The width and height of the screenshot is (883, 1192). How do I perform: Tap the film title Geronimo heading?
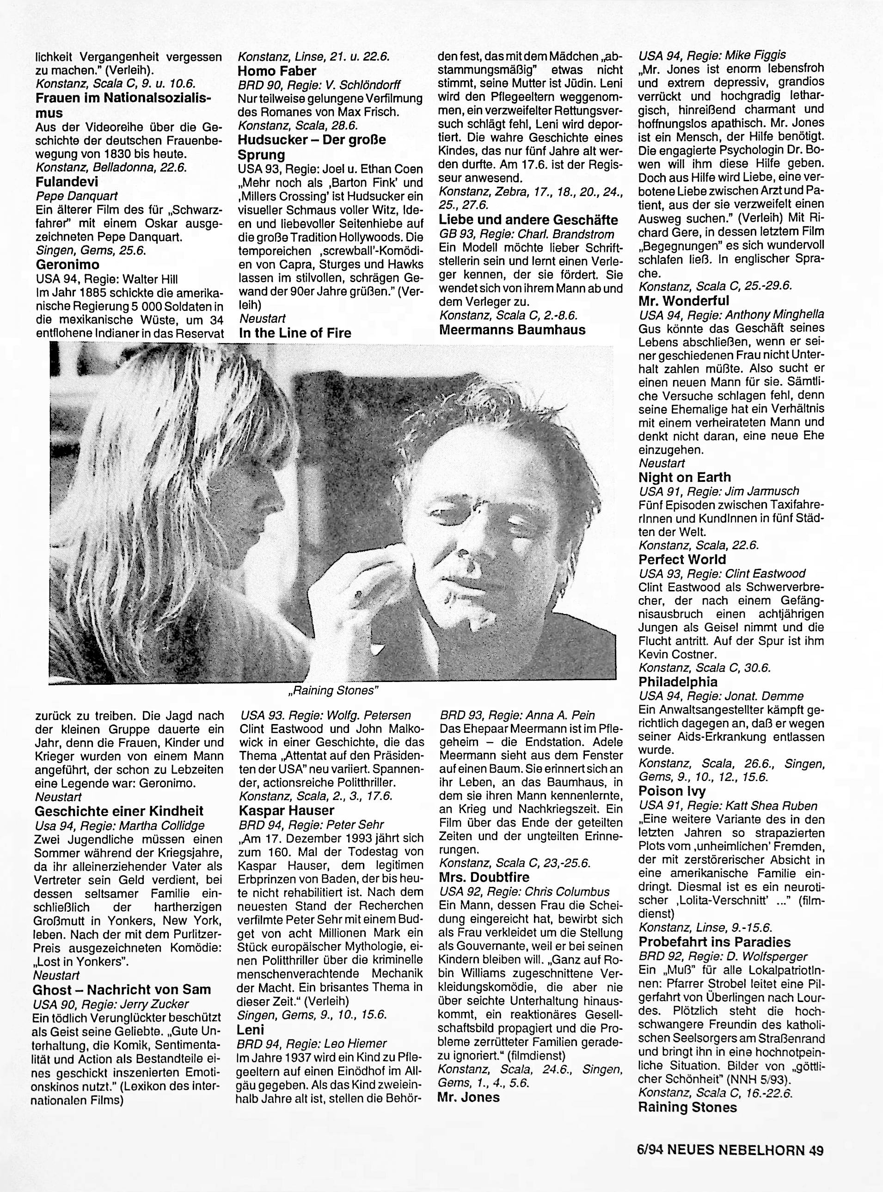click(67, 264)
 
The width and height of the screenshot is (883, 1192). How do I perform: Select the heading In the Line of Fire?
click(294, 333)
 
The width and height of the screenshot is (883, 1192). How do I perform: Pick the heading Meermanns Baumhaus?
click(512, 330)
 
